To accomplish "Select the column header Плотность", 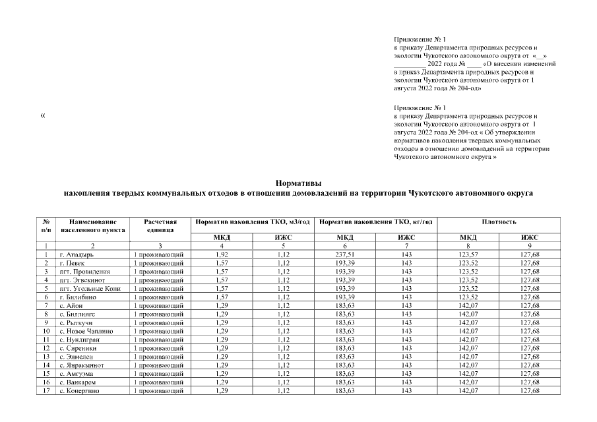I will [x=499, y=222].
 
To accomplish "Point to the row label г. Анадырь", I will [x=76, y=254].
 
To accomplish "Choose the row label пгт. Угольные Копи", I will [x=89, y=288].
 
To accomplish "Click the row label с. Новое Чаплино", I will [x=86, y=331].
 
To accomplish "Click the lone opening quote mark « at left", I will [x=43, y=116].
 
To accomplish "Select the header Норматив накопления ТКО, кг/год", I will [x=375, y=222].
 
